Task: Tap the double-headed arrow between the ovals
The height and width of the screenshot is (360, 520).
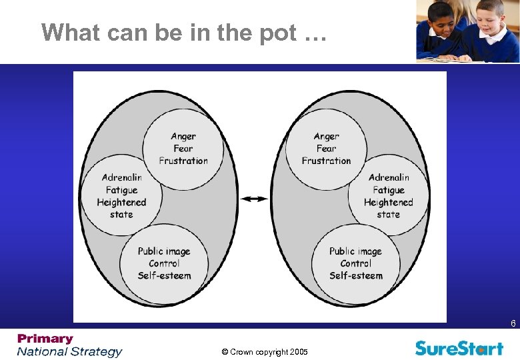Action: [254, 199]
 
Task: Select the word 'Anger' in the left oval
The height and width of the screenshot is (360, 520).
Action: [183, 137]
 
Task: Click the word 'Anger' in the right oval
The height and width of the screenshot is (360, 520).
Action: [327, 137]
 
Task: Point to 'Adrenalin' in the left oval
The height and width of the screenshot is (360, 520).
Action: [121, 177]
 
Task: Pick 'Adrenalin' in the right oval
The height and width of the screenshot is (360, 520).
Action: [389, 177]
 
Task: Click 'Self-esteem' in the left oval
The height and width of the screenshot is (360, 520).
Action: [164, 275]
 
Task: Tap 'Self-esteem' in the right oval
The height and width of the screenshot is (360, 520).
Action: [356, 275]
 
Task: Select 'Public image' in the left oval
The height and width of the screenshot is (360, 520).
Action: [164, 251]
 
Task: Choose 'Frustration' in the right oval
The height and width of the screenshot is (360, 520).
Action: [326, 161]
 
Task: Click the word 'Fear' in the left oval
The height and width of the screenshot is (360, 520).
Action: [183, 149]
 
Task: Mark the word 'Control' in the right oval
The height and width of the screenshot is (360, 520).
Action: [356, 263]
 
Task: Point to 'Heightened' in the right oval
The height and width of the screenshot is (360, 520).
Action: [389, 202]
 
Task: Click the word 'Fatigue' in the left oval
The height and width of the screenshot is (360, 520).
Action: [121, 190]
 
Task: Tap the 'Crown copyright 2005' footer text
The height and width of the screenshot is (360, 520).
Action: [265, 352]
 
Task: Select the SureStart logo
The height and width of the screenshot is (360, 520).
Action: [459, 347]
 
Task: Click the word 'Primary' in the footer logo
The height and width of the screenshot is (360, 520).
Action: [45, 339]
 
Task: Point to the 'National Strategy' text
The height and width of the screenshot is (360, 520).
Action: [70, 351]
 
